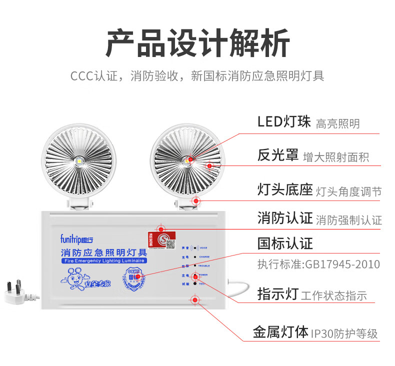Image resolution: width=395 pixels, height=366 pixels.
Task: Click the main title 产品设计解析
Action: point(197,43)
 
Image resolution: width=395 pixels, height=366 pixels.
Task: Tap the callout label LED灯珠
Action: point(284,121)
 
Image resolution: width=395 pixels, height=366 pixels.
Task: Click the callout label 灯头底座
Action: point(285,190)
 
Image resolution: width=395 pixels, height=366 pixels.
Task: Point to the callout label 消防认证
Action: point(285,218)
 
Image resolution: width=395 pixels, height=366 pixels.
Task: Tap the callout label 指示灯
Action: point(277,293)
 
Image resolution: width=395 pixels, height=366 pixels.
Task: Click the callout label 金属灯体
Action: point(280,332)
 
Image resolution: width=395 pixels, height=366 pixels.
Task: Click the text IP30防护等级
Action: point(344,333)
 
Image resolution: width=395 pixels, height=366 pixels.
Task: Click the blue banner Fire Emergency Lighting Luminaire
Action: point(103,261)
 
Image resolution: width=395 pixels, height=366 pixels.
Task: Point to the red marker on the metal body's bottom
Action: point(194,300)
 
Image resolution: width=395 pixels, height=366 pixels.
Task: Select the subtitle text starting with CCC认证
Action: point(197,76)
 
